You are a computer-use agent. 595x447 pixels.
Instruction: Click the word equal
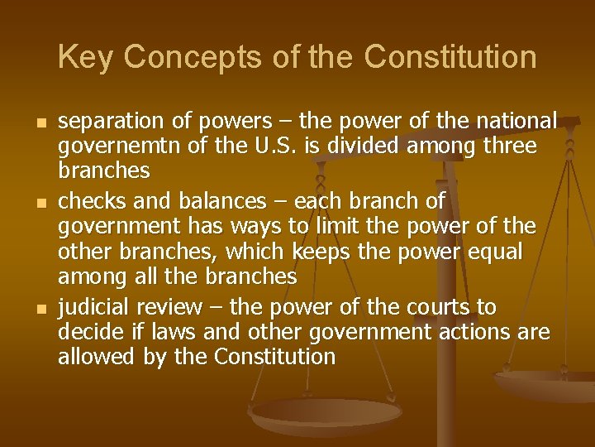(494, 250)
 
